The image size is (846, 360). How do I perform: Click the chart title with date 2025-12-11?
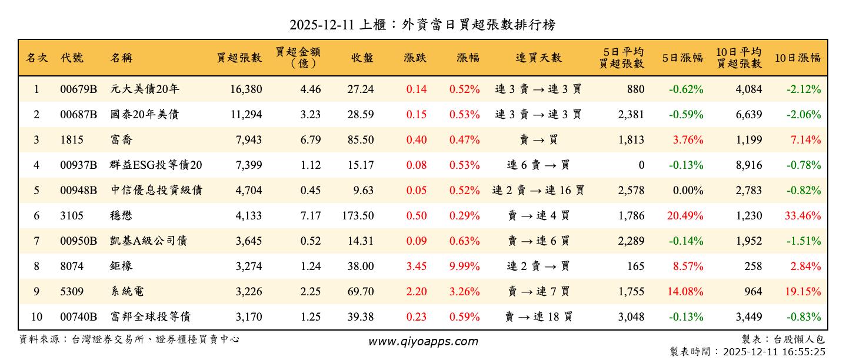422,25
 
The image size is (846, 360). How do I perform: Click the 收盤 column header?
362,58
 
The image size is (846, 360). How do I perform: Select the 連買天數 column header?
538,58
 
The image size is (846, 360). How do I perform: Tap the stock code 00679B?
78,89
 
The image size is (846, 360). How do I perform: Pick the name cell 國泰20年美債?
145,115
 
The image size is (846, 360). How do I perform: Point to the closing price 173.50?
358,216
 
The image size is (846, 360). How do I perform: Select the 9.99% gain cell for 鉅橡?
464,266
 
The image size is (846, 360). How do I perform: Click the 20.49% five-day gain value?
685,216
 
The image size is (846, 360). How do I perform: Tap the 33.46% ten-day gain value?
802,216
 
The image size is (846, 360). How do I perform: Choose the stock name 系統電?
127,292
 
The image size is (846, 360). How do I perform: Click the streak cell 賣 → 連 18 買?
538,317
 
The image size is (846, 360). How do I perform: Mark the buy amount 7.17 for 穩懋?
310,216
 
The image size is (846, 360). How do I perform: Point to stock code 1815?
72,140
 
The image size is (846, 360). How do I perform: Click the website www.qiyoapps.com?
423,341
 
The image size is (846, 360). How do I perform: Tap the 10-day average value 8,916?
748,165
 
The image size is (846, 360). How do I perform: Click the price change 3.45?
416,266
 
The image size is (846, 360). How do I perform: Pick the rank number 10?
36,317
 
